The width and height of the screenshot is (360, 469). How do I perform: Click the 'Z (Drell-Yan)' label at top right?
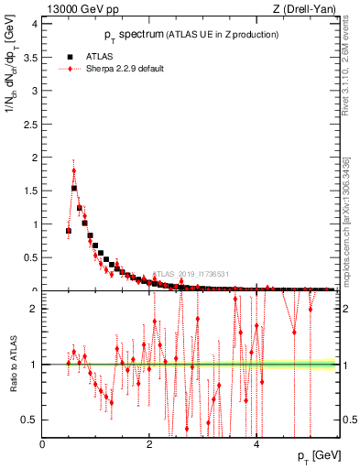303,9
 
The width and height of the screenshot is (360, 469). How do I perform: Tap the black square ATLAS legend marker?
71,55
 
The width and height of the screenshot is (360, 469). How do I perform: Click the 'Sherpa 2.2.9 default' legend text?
125,69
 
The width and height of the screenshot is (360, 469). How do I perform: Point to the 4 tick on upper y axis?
35,24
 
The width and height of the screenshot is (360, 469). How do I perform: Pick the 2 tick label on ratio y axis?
35,309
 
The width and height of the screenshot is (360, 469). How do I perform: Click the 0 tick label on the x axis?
43,445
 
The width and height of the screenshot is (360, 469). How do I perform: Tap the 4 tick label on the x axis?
256,445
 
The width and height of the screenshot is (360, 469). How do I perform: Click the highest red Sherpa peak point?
73,170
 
